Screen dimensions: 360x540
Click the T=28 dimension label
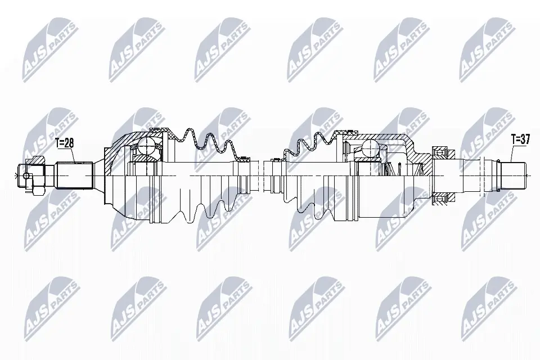tap(65, 143)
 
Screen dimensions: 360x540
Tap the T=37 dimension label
tap(520, 139)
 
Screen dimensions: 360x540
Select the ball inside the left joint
tap(147, 147)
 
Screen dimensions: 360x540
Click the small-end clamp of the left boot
tap(243, 160)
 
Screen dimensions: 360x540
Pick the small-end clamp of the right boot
tap(276, 160)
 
